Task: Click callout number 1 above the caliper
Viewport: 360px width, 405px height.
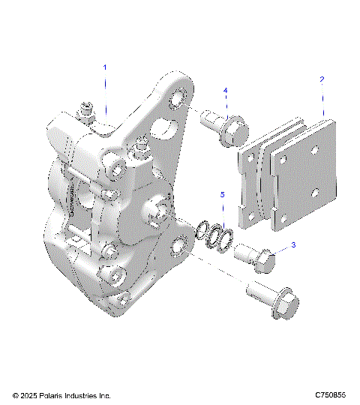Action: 105,67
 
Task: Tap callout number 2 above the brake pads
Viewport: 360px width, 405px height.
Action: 322,79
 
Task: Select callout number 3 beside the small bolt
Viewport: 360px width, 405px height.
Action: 293,244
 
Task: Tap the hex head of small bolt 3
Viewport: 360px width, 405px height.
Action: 265,261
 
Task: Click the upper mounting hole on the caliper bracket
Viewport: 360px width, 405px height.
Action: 178,100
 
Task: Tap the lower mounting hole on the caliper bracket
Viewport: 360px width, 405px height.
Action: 179,244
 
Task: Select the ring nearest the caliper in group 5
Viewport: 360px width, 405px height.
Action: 202,233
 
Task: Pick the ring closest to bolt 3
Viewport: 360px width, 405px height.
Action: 223,240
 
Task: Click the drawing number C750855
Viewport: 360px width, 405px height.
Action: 330,394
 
